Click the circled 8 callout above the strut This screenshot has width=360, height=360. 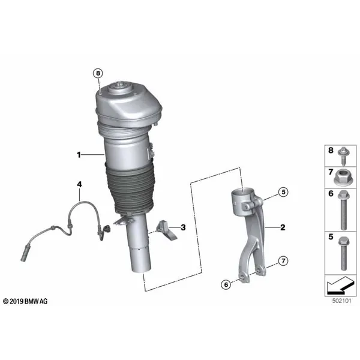[98, 73]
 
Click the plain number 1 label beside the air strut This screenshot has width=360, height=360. [79, 155]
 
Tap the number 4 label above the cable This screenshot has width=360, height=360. [79, 184]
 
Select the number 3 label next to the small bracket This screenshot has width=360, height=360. [183, 227]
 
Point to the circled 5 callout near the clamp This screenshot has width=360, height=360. [283, 192]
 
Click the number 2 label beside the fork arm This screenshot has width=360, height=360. [283, 227]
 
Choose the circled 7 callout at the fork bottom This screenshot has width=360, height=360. [283, 261]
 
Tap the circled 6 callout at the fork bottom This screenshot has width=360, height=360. [226, 284]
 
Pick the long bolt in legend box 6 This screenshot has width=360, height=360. [343, 210]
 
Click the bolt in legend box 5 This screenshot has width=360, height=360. [343, 253]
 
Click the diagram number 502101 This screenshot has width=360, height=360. [341, 301]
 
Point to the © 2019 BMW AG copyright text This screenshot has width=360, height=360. [25, 301]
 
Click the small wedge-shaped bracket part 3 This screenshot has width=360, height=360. [167, 231]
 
